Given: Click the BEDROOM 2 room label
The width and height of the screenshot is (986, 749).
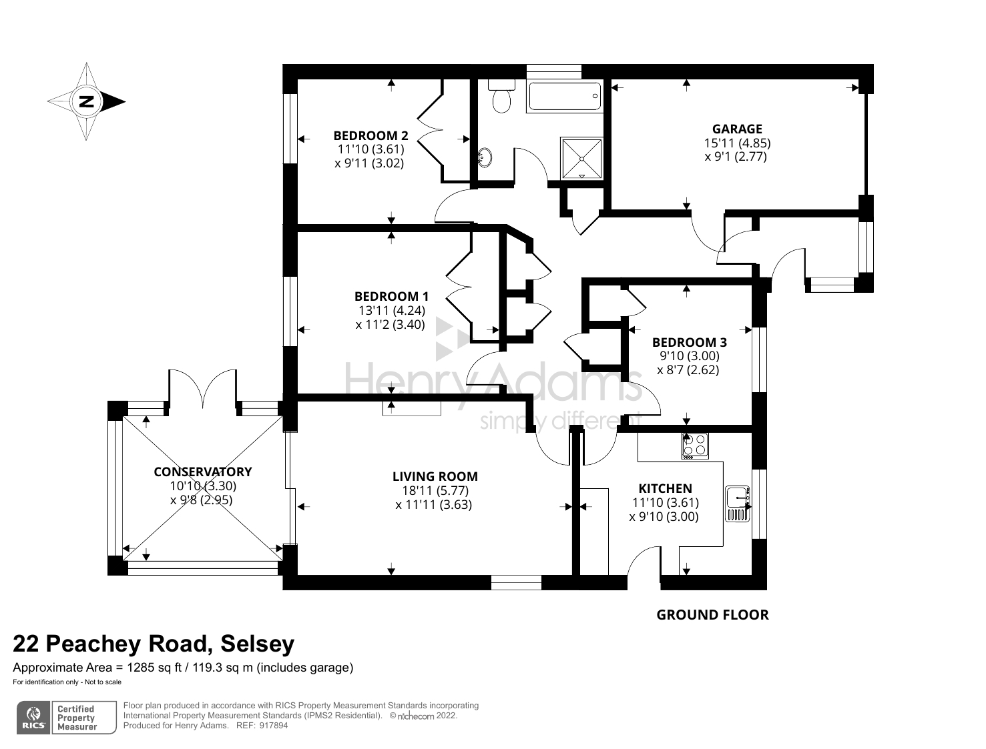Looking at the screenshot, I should pyautogui.click(x=371, y=135).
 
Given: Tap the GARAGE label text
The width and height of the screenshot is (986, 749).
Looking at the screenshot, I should pyautogui.click(x=737, y=129).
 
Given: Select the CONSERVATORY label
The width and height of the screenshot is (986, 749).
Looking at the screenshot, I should pyautogui.click(x=202, y=472).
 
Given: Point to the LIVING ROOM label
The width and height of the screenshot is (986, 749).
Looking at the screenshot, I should pyautogui.click(x=435, y=476).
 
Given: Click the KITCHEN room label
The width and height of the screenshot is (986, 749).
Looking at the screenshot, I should pyautogui.click(x=665, y=488).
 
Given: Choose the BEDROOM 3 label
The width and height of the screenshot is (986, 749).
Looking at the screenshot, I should pyautogui.click(x=689, y=342).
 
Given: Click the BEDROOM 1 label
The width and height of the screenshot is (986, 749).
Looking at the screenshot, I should pyautogui.click(x=391, y=296).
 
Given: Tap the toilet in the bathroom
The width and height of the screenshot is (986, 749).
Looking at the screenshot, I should pyautogui.click(x=501, y=96).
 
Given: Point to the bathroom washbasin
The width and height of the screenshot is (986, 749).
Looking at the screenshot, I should pyautogui.click(x=485, y=158).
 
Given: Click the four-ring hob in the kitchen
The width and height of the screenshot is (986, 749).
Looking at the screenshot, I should pyautogui.click(x=695, y=446).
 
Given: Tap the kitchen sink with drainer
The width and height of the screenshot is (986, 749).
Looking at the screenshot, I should pyautogui.click(x=738, y=504).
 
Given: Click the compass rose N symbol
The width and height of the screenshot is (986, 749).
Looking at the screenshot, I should pyautogui.click(x=86, y=102).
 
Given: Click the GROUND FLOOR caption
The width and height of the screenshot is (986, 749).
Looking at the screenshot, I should pyautogui.click(x=712, y=615).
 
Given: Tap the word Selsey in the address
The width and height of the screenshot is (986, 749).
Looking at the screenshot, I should pyautogui.click(x=257, y=644).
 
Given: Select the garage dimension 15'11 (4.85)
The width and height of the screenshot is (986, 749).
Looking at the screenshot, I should pyautogui.click(x=737, y=143).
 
